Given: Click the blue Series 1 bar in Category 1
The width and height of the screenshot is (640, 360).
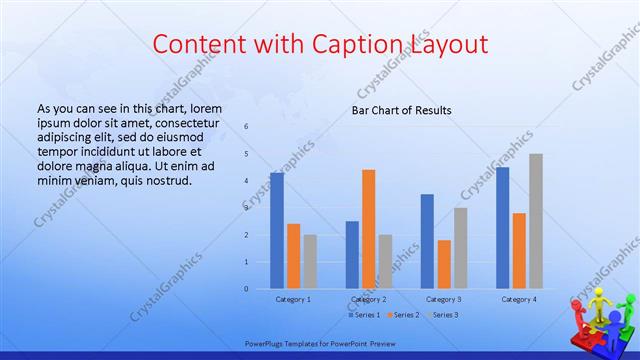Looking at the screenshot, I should tap(277, 230).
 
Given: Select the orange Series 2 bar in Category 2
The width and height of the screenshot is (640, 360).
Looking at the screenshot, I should tap(369, 229).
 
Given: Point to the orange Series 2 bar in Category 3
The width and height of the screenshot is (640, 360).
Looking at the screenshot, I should tap(444, 264).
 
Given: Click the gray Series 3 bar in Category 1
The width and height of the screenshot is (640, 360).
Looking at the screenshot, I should tap(310, 262).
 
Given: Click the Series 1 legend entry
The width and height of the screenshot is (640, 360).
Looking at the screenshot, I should tap(365, 315).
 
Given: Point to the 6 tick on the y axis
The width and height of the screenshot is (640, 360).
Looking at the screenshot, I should tap(246, 127).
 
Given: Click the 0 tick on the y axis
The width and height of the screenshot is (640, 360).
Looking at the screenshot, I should tap(246, 289).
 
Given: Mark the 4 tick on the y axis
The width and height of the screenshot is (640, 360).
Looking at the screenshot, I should tap(246, 181).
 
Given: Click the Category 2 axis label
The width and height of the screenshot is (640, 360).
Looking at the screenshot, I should tap(369, 299).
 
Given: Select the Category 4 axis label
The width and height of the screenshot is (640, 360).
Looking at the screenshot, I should tap(519, 299).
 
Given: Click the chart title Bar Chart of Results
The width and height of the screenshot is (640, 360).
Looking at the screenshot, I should tap(401, 110).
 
